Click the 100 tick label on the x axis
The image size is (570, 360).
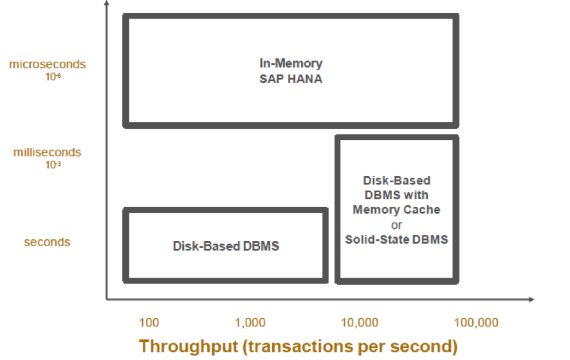pos(149,322)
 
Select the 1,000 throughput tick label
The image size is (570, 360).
pos(250,322)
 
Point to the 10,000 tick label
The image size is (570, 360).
pos(358,322)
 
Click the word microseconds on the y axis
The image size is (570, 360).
pos(47,64)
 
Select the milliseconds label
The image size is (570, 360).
pos(47,152)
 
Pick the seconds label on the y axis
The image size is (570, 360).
pos(47,242)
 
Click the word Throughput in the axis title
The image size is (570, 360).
pos(188,346)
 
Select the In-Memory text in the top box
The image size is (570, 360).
pos(291,64)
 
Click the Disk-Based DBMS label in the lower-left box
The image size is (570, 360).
pos(226,246)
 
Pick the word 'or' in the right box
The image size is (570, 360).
pos(396,225)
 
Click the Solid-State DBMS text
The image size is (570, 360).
pos(396,239)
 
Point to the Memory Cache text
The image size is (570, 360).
pos(396,210)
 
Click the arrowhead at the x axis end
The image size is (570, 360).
pos(531,300)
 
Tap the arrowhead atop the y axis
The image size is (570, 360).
pos(106,5)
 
